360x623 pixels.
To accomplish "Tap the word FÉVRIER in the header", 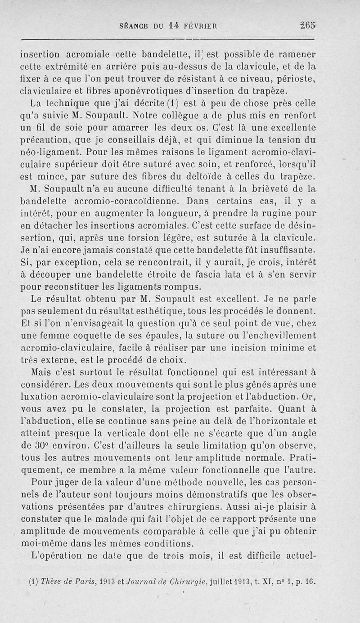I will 198,27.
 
